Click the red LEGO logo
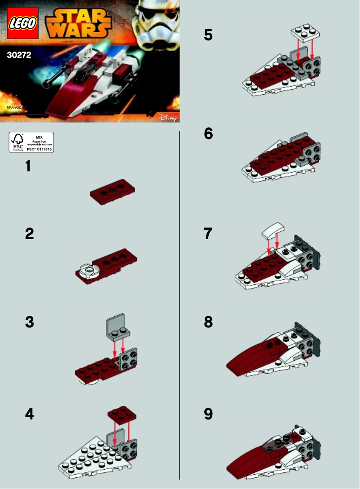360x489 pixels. (23, 24)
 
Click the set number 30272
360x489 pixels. (19, 57)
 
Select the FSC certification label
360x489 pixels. (31, 142)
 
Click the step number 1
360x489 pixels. (28, 166)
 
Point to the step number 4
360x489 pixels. (29, 414)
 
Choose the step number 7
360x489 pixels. (208, 234)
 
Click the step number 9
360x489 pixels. (208, 414)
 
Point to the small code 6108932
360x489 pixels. (14, 108)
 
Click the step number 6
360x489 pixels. (208, 134)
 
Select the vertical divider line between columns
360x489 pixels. (180, 305)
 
